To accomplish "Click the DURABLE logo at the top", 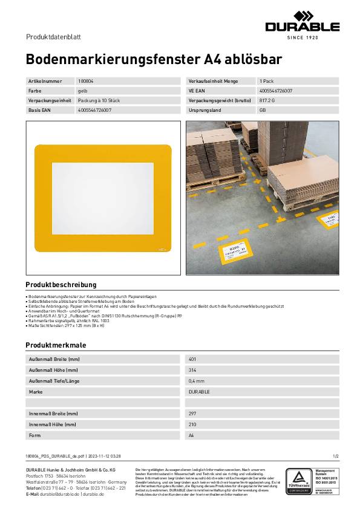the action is pos(303,25).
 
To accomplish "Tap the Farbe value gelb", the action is pos(82,90).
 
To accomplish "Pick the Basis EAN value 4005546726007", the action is pos(94,111).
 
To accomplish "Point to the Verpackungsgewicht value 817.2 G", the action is pos(267,100).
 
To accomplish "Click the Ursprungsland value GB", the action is pos(263,111).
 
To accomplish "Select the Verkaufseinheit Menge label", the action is pos(214,80).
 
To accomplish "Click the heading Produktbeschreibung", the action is pos(61,284).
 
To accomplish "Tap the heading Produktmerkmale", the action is pos(55,345).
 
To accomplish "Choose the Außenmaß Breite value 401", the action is pos(192,359).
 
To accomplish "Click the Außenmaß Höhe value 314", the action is pos(192,370).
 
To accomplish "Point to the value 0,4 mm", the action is pos(196,381).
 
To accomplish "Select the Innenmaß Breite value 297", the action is pos(192,413).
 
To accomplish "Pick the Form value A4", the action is pos(192,435).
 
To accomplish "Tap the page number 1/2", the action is pos(336,456).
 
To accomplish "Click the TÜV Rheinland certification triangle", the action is pos(298,479).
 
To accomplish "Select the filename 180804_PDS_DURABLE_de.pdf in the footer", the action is pos(56,456).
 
